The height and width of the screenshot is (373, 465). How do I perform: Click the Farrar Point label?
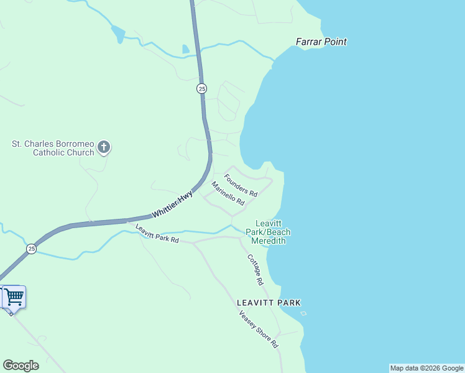coord(321,42)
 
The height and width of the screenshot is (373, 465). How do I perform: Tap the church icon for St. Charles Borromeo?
coord(104,147)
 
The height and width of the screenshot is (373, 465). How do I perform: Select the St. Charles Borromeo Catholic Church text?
coord(53,148)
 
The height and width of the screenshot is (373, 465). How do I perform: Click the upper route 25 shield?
coord(201,89)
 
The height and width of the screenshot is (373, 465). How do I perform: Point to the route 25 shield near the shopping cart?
coord(31,249)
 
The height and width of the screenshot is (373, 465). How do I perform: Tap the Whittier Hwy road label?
coord(173,205)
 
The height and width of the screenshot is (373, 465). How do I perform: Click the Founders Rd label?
coord(241,185)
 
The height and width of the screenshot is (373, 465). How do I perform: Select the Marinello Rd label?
coord(228,193)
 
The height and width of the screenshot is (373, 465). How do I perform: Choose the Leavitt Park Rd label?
coord(157,234)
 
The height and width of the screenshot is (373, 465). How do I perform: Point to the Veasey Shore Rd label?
coord(259,329)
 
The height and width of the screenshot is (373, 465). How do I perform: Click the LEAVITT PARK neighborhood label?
coord(269,303)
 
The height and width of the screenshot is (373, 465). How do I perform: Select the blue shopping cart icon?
coord(14,297)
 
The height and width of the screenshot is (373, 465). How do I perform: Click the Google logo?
coord(21,366)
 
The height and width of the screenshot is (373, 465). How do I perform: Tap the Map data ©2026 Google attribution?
coord(426,368)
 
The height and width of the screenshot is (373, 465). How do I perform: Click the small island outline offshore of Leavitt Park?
coord(303,313)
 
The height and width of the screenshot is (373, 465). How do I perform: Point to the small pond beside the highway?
coord(185,49)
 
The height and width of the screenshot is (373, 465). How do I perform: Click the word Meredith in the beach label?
coord(272,241)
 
